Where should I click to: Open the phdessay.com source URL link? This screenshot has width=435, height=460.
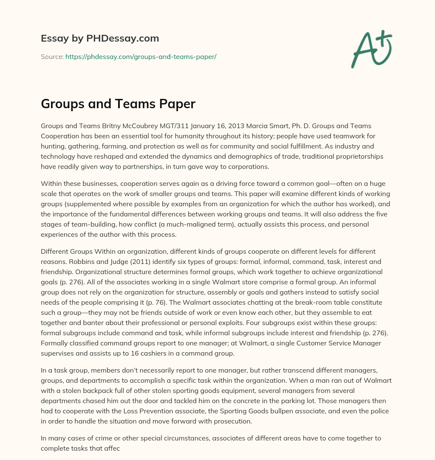[141, 56]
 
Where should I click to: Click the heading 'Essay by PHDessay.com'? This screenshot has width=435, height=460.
[100, 38]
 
